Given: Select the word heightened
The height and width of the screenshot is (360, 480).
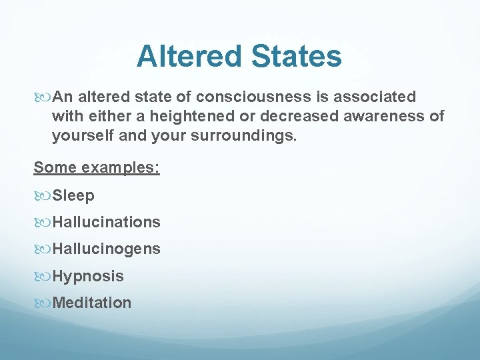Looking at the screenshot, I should pos(193,117).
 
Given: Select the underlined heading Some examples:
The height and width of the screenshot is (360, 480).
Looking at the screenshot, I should pos(97,167).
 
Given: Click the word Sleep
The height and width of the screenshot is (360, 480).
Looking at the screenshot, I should pos(73,196).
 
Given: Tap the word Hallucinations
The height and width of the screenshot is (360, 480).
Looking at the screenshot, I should pos(106,222).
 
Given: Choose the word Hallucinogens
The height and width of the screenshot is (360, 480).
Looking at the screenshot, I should pos(106,249).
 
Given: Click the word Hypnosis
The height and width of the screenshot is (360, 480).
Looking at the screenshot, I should pos(88,276).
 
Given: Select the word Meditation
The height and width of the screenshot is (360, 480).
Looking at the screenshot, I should pos(92,303).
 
